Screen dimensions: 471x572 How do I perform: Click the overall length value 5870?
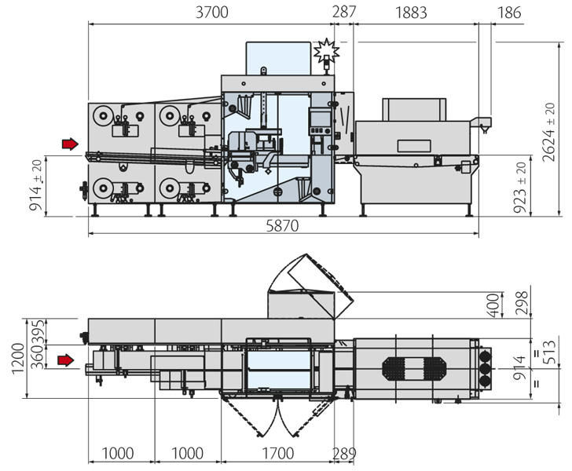coord(280,225)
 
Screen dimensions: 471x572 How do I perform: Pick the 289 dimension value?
coord(343,454)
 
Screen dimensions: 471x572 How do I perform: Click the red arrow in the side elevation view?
coord(71,143)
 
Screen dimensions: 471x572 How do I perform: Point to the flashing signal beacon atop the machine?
coord(324,53)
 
